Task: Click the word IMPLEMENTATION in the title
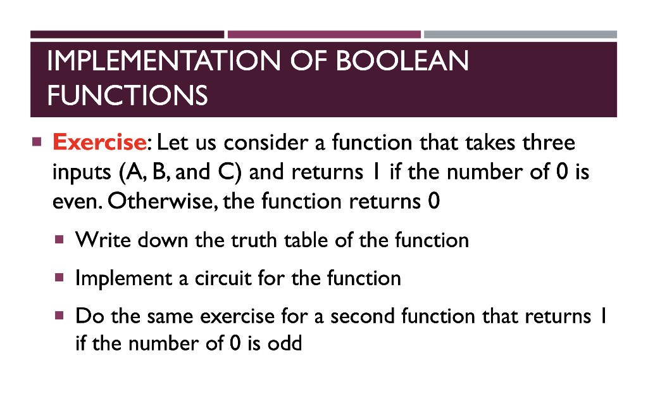[164, 60]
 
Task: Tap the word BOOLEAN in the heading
[402, 60]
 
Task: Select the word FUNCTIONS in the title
[127, 95]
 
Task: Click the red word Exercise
[99, 143]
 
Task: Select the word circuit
[223, 278]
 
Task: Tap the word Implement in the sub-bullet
[123, 278]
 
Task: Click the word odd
[285, 343]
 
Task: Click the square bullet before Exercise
[37, 142]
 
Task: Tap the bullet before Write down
[59, 239]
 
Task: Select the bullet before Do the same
[59, 316]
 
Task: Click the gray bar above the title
[520, 34]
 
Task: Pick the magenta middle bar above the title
[324, 34]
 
